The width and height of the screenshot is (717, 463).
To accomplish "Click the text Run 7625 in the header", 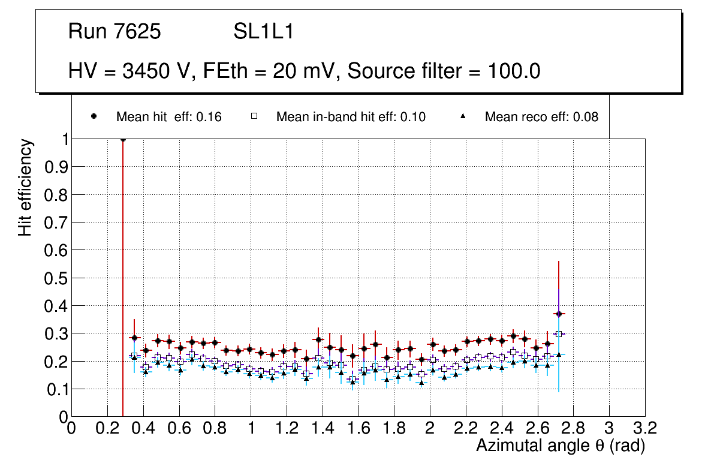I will (x=115, y=32).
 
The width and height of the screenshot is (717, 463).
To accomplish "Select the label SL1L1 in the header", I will (x=263, y=32).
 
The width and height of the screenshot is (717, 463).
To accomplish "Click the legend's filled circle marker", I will (x=94, y=116).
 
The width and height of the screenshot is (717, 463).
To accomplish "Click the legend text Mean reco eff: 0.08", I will (x=541, y=117).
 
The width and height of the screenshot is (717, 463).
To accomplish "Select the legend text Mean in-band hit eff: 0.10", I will (x=351, y=117).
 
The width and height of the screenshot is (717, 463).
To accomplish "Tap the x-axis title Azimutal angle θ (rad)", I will (x=561, y=446).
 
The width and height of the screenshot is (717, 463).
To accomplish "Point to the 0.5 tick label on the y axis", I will (x=55, y=278).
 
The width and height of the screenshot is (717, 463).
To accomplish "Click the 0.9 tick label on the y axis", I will (x=55, y=167).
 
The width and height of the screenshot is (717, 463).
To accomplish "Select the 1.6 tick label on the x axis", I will (x=358, y=430).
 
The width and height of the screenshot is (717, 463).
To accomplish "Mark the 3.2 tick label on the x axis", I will (x=644, y=430).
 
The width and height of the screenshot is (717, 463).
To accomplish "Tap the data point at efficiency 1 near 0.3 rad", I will (x=123, y=139).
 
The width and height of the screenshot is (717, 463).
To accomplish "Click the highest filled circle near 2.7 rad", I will (x=559, y=314).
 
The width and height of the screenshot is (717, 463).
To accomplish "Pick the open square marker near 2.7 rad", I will (x=559, y=334).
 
